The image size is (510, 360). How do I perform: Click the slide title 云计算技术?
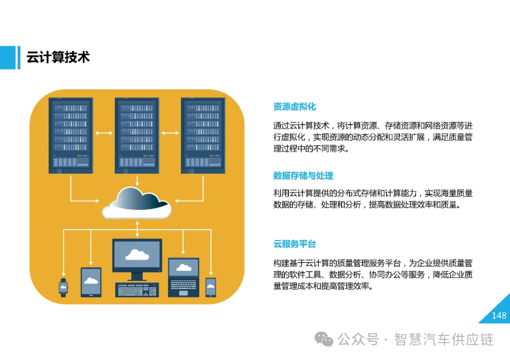click(58, 58)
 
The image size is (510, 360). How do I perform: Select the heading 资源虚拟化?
click(294, 107)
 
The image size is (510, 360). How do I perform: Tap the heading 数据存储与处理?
click(303, 176)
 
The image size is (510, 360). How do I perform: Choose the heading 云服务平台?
click(294, 244)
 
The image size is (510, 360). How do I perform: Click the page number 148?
click(499, 316)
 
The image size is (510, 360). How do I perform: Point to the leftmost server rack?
click(71, 134)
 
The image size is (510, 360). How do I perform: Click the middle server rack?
click(137, 134)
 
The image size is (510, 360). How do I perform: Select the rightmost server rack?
click(203, 134)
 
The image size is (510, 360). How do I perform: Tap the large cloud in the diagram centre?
click(137, 203)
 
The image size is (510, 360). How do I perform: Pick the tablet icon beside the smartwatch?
click(91, 282)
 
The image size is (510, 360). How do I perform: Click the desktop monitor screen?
click(137, 255)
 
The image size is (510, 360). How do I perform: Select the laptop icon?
click(184, 277)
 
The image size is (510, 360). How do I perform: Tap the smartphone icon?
click(211, 287)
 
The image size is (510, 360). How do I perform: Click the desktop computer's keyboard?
click(137, 289)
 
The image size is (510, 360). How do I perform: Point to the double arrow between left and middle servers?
click(104, 133)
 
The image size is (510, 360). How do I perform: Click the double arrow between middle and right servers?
click(170, 133)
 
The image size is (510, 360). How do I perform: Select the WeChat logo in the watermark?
click(324, 339)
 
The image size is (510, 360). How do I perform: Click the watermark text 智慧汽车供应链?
click(444, 339)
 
